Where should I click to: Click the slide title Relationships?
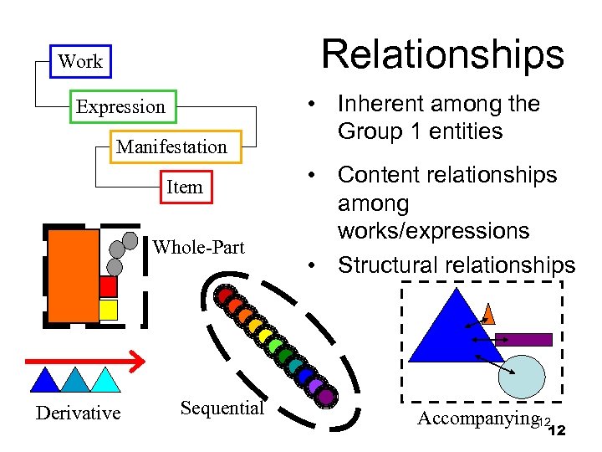coord(443,55)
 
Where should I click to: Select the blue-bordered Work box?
coord(80,61)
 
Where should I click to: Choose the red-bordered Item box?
coord(185,187)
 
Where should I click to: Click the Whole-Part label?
coord(199,247)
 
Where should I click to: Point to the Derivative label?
coord(78,413)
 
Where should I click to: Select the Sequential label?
coord(222,408)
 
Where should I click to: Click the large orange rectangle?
coord(74,275)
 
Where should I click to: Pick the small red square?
coord(108,286)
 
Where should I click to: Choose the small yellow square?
coord(108,310)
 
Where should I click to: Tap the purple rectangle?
coord(523,340)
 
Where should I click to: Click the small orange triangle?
coord(490,315)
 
